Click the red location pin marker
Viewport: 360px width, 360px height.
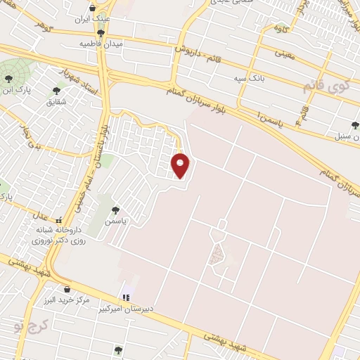coord(181,165)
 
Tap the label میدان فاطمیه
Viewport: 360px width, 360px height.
coord(101,44)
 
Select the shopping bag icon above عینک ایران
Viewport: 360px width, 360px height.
coord(102,8)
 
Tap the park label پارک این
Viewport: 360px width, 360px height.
coord(16,89)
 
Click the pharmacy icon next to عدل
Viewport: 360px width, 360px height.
coord(59,219)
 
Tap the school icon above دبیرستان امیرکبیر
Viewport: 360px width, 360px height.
coord(127,298)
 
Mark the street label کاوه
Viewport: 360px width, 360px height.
coord(281,29)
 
